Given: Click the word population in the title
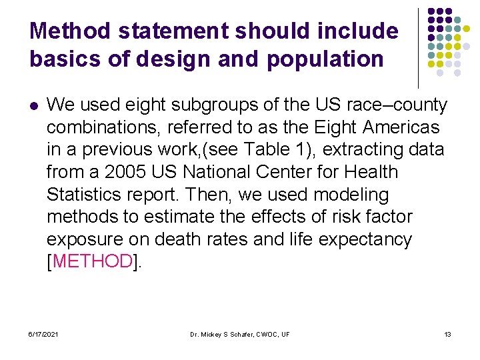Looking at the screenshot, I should point(325,59).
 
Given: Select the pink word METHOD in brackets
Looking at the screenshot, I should point(93,262).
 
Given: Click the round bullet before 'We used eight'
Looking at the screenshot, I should point(33,105).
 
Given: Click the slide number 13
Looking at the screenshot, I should point(447,333).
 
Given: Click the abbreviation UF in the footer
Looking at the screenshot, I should point(284,333).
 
